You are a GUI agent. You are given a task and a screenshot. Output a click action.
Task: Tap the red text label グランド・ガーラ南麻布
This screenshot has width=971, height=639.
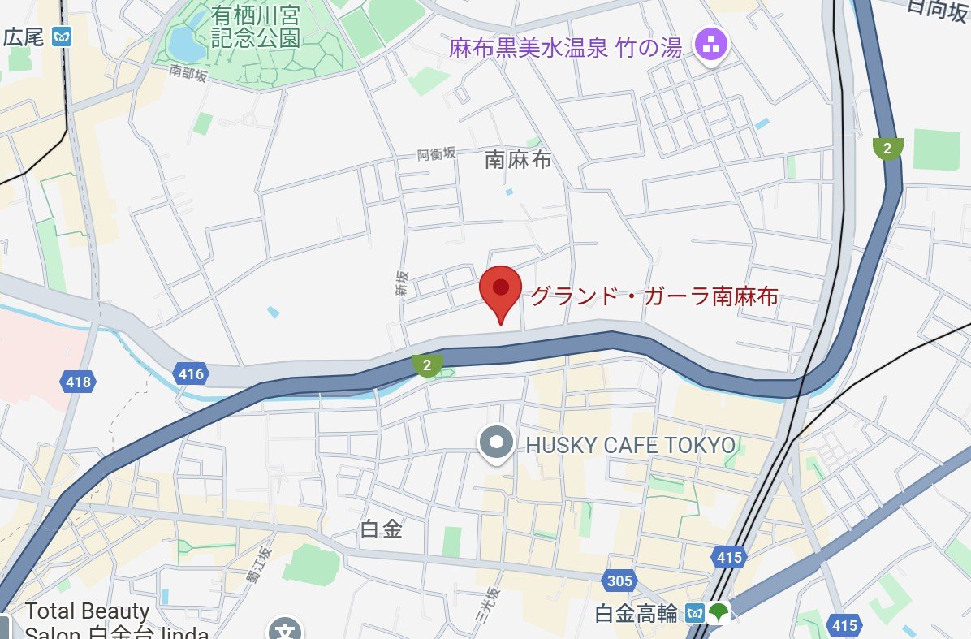654,296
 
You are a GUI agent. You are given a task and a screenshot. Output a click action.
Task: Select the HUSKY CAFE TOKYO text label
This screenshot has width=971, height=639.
631,445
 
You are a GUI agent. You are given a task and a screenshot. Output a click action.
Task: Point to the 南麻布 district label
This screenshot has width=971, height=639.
517,160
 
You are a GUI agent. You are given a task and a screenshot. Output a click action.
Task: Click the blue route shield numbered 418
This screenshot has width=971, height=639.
78,381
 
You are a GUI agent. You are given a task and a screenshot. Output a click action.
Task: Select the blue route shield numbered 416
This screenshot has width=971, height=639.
189,373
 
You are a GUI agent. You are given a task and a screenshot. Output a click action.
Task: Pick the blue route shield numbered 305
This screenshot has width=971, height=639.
619,581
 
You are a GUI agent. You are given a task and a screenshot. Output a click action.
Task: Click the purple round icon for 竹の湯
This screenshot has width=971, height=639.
712,45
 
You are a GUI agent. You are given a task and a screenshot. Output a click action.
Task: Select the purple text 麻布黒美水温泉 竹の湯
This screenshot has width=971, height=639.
565,48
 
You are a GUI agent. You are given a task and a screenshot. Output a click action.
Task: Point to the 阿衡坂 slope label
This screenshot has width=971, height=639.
437,153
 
